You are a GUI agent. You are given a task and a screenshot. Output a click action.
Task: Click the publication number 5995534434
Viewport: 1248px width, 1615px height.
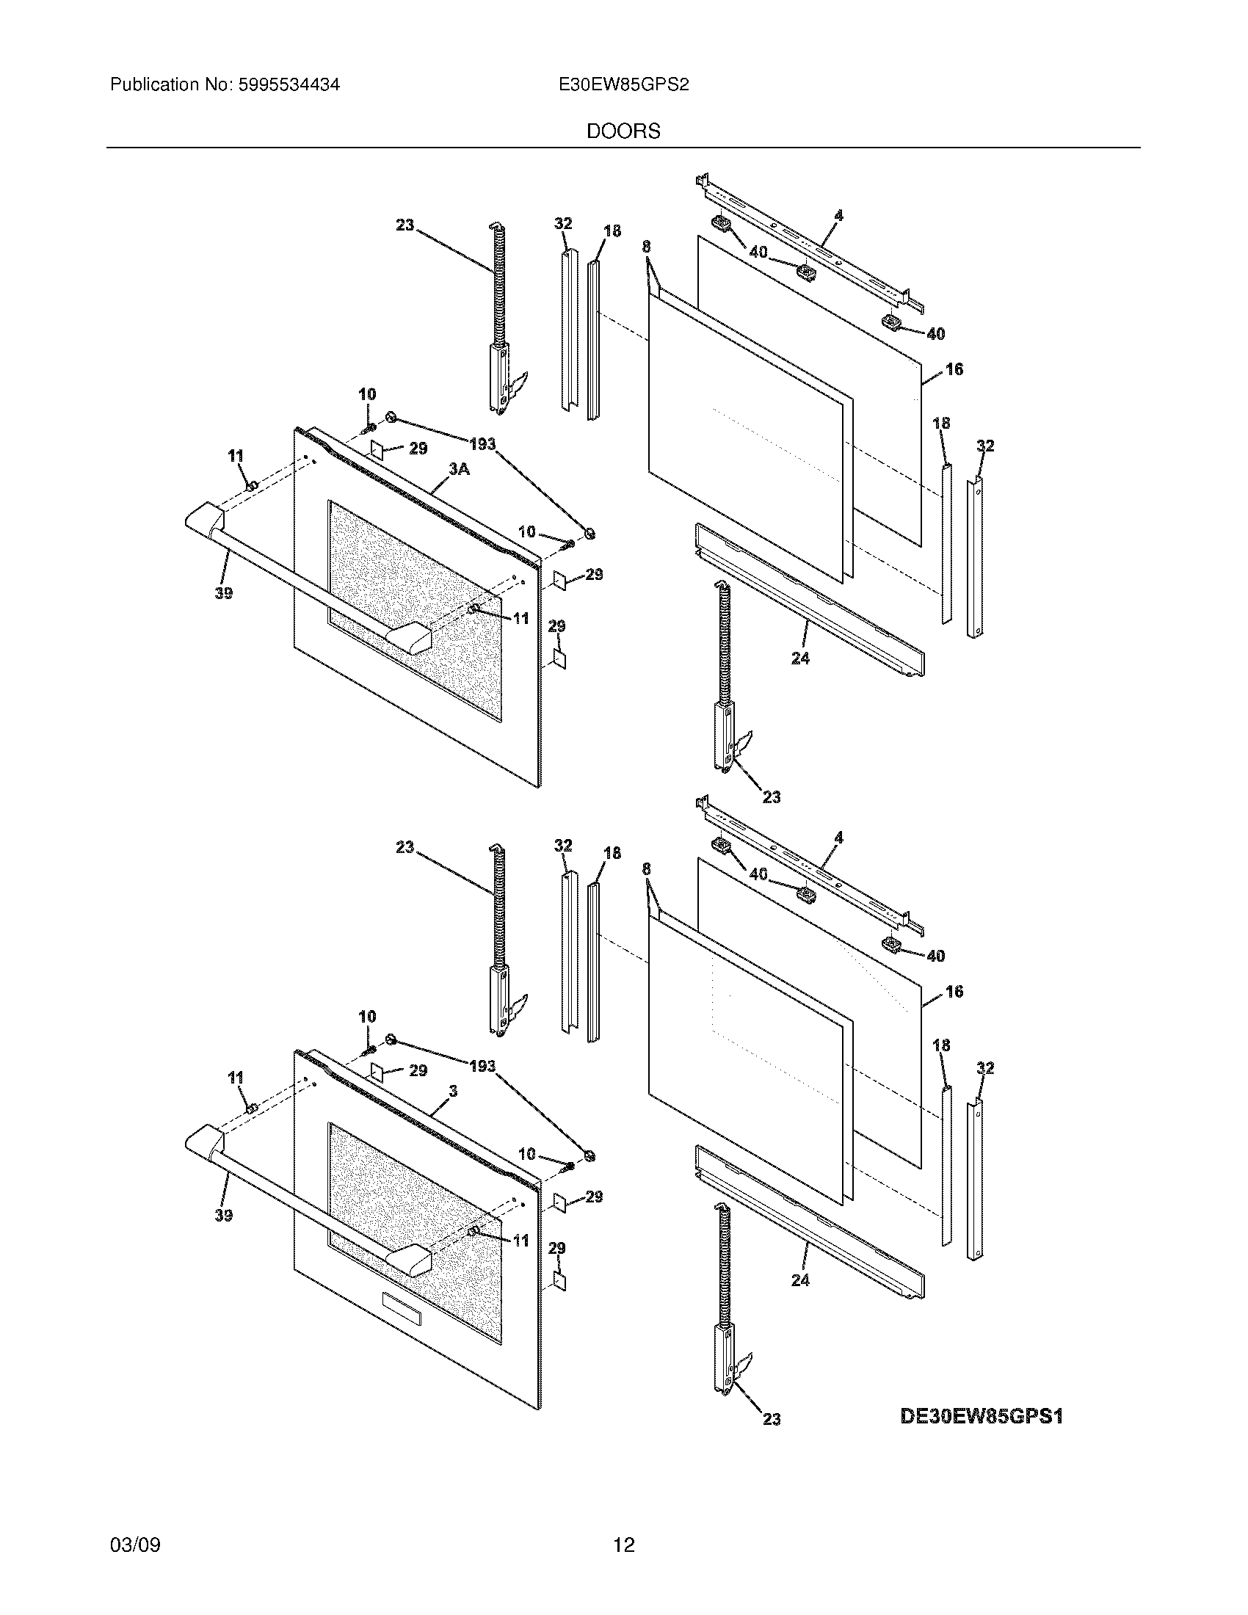(x=288, y=85)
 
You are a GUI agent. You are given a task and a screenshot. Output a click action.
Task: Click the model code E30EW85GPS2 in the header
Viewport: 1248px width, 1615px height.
(x=624, y=85)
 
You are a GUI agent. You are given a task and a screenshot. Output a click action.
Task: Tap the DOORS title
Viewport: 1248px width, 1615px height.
(x=623, y=131)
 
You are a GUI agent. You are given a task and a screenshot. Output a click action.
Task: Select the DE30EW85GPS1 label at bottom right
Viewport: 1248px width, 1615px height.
(x=981, y=1417)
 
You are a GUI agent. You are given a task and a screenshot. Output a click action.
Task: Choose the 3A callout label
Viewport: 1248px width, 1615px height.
(x=458, y=469)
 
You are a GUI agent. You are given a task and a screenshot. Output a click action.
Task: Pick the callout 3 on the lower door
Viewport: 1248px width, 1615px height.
(x=453, y=1091)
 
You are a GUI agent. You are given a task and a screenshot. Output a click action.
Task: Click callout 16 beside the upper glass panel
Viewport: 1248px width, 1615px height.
(x=954, y=369)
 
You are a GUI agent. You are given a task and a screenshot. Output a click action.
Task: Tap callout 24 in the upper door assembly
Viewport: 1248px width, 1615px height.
(x=800, y=658)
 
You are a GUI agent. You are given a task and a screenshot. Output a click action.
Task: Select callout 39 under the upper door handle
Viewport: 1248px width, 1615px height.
(x=223, y=592)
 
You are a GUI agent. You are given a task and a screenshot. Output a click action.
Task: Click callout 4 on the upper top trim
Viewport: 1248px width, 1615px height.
(x=838, y=216)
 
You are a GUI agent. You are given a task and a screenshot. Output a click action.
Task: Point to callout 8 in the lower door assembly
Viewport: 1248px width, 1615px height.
(x=646, y=869)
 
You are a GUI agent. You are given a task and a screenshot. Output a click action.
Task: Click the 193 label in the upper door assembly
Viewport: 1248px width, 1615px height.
(x=482, y=443)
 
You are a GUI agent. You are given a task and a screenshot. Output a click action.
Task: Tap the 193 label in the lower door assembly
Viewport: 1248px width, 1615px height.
(x=482, y=1066)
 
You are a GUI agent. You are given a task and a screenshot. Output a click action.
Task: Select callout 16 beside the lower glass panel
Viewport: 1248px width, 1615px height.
(x=954, y=991)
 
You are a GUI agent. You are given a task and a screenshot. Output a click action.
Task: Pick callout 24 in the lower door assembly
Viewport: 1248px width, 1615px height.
(x=800, y=1280)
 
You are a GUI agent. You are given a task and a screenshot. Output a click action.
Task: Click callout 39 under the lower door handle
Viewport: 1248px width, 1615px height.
(x=223, y=1214)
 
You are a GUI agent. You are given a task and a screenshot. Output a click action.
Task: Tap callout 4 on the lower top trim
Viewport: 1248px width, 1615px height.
(x=838, y=838)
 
